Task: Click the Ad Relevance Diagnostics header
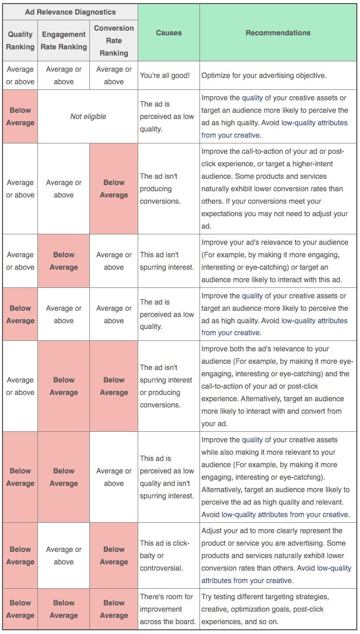tap(70, 12)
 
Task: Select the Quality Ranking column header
tap(20, 41)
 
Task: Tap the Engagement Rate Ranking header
tap(64, 41)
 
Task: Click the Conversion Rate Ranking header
tap(114, 41)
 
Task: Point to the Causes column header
tap(169, 33)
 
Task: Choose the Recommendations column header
tap(278, 33)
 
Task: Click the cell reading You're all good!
tap(165, 75)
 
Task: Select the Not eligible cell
tap(88, 116)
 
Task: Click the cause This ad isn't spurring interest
tap(166, 261)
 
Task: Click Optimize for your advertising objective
tap(264, 75)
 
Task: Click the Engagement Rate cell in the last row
tap(64, 609)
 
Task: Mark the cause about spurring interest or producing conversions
tap(166, 386)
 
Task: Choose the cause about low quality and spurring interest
tap(167, 477)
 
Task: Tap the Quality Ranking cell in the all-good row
tap(20, 75)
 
